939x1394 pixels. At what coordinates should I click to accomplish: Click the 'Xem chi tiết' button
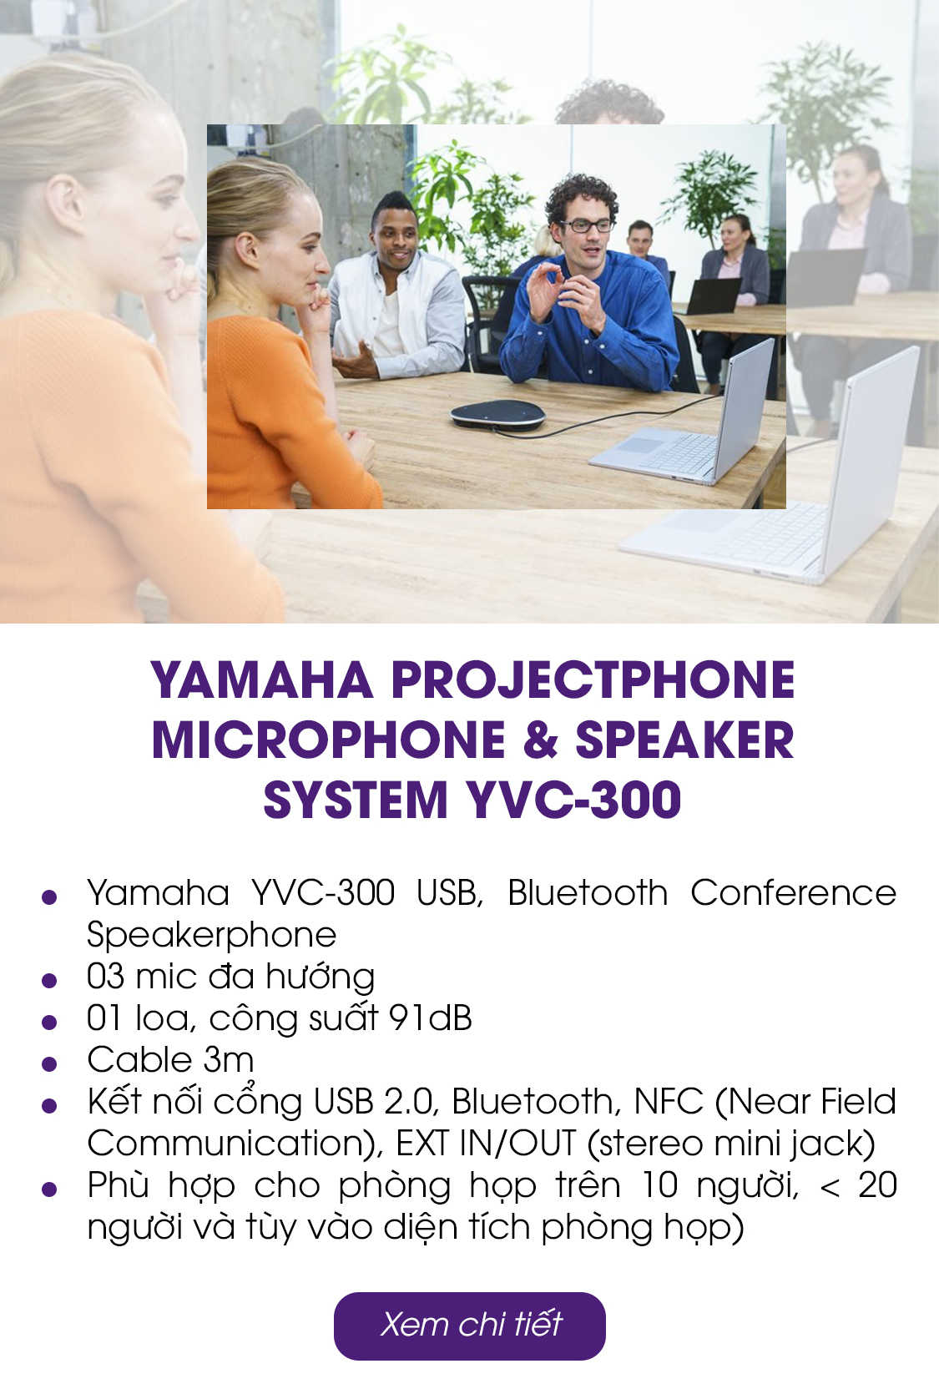(469, 1326)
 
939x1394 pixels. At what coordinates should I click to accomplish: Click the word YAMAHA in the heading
(262, 680)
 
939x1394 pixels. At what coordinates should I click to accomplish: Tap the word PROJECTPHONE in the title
(593, 680)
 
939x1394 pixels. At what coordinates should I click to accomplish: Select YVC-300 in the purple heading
(574, 800)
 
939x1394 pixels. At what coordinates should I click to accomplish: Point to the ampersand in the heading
(541, 740)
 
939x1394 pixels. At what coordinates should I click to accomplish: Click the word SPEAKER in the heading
(684, 740)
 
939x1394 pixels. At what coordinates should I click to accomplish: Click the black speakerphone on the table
(497, 416)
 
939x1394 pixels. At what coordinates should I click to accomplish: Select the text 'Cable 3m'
(170, 1060)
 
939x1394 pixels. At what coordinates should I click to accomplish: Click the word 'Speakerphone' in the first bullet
(211, 935)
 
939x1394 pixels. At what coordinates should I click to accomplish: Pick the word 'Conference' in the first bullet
(794, 892)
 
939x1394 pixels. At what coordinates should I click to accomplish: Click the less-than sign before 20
(830, 1187)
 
